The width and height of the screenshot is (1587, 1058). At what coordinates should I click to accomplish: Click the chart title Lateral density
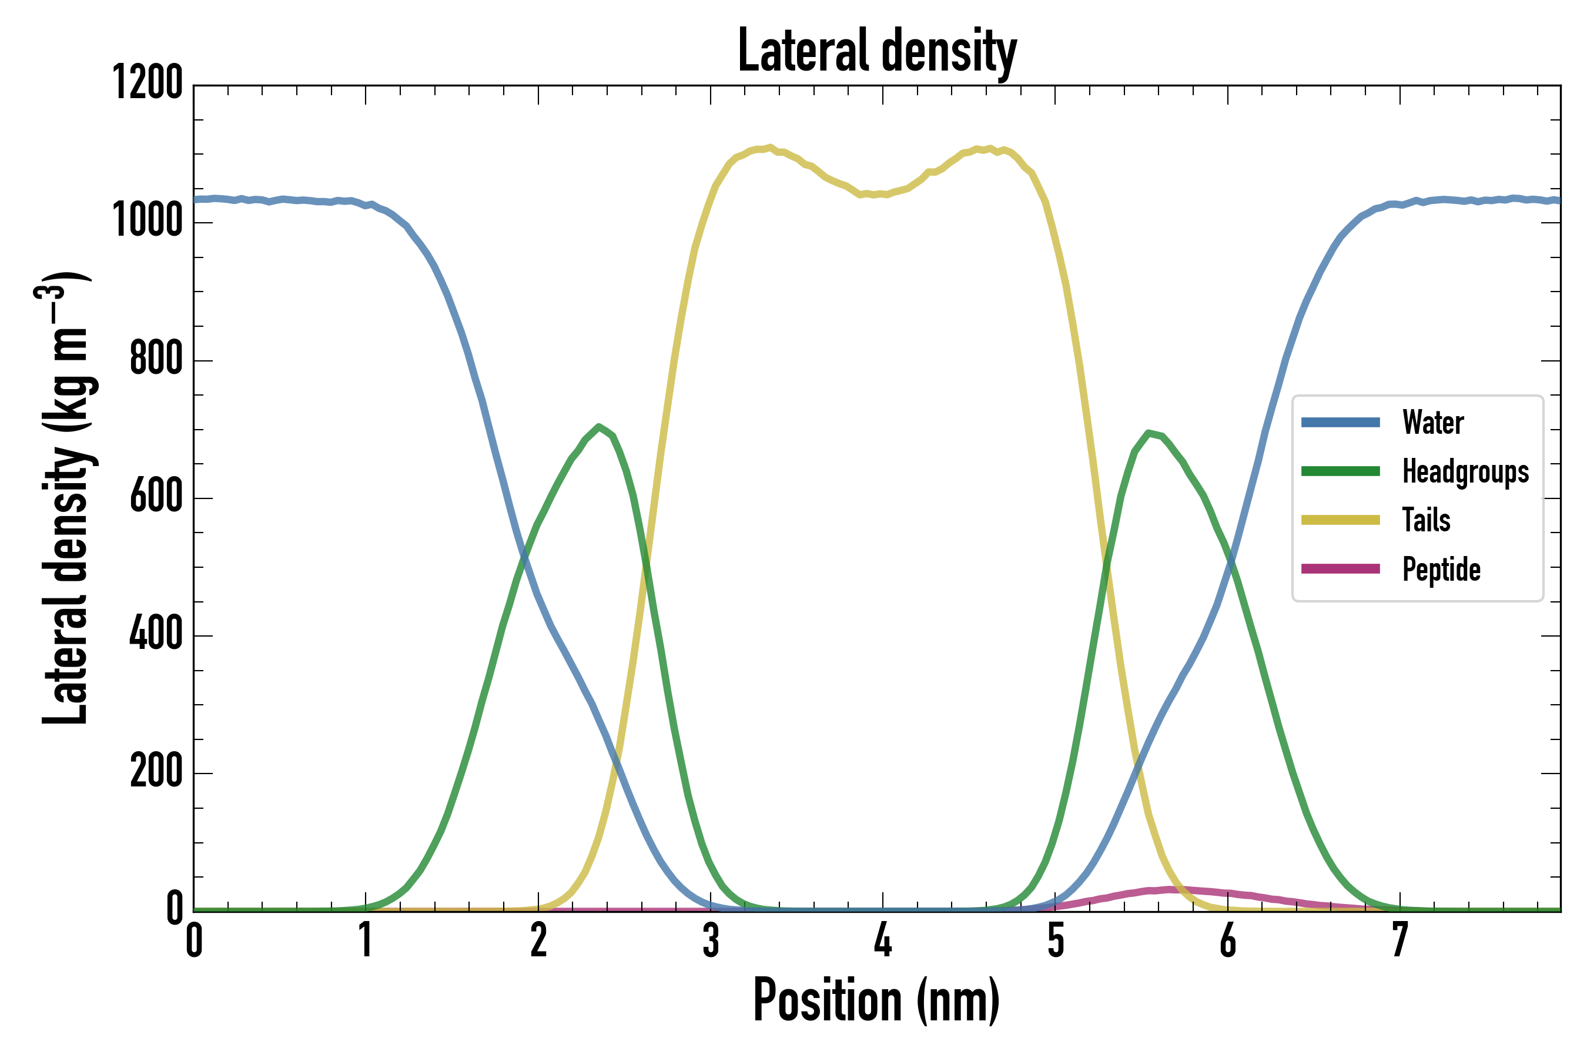pos(877,51)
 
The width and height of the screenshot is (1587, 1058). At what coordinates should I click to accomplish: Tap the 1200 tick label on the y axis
pos(147,83)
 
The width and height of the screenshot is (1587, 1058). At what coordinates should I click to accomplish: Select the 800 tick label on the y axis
pos(155,359)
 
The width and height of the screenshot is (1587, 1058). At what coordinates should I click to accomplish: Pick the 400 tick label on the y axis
pos(155,634)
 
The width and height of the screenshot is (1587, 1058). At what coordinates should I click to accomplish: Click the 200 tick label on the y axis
pos(155,771)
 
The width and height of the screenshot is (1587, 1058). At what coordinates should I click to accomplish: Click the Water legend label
pos(1432,423)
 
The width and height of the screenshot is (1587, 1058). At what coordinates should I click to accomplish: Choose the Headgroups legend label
pos(1465,471)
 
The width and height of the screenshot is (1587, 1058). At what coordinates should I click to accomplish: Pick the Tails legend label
pos(1426,520)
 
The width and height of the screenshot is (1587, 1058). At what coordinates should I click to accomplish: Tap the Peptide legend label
pos(1441,570)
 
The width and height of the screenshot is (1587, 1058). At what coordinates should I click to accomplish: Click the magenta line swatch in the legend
pos(1340,569)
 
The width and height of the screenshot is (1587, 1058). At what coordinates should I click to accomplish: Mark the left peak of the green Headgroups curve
pos(598,427)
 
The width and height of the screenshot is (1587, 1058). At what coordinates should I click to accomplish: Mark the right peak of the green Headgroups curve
pos(1148,433)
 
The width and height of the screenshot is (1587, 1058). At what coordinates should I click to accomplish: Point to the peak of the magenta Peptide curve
pos(1171,889)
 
